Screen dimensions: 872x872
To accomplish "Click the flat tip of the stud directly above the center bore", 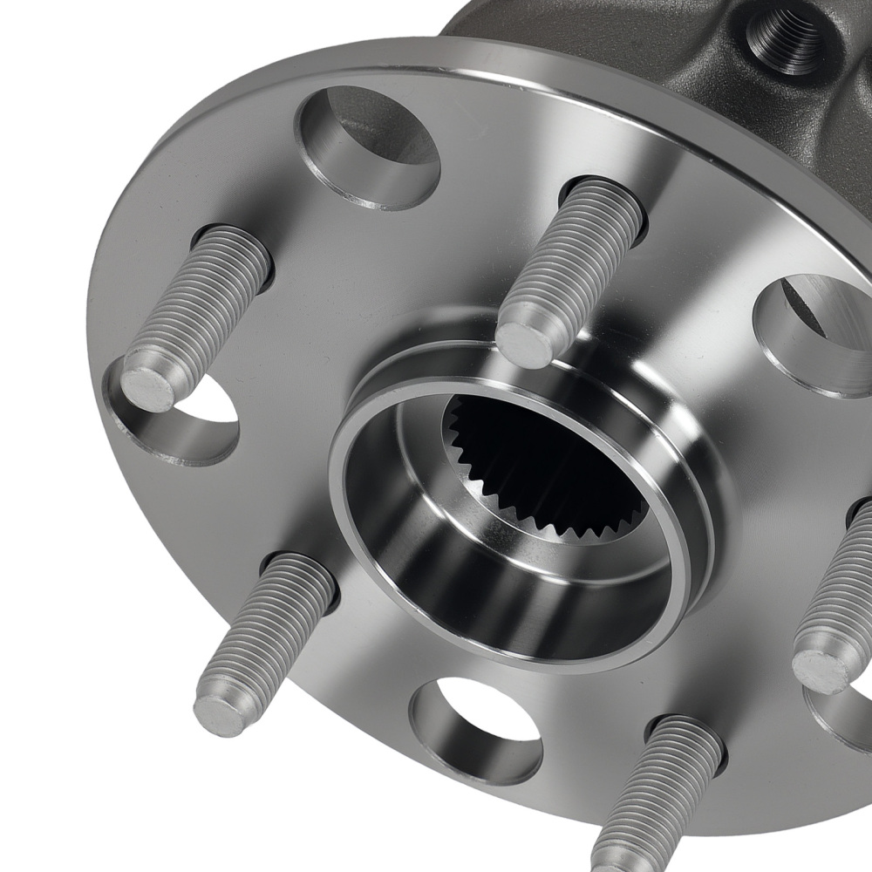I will (526, 344).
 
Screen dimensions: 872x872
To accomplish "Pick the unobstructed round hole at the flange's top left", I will (371, 148).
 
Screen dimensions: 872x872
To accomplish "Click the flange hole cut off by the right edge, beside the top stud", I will (815, 336).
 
